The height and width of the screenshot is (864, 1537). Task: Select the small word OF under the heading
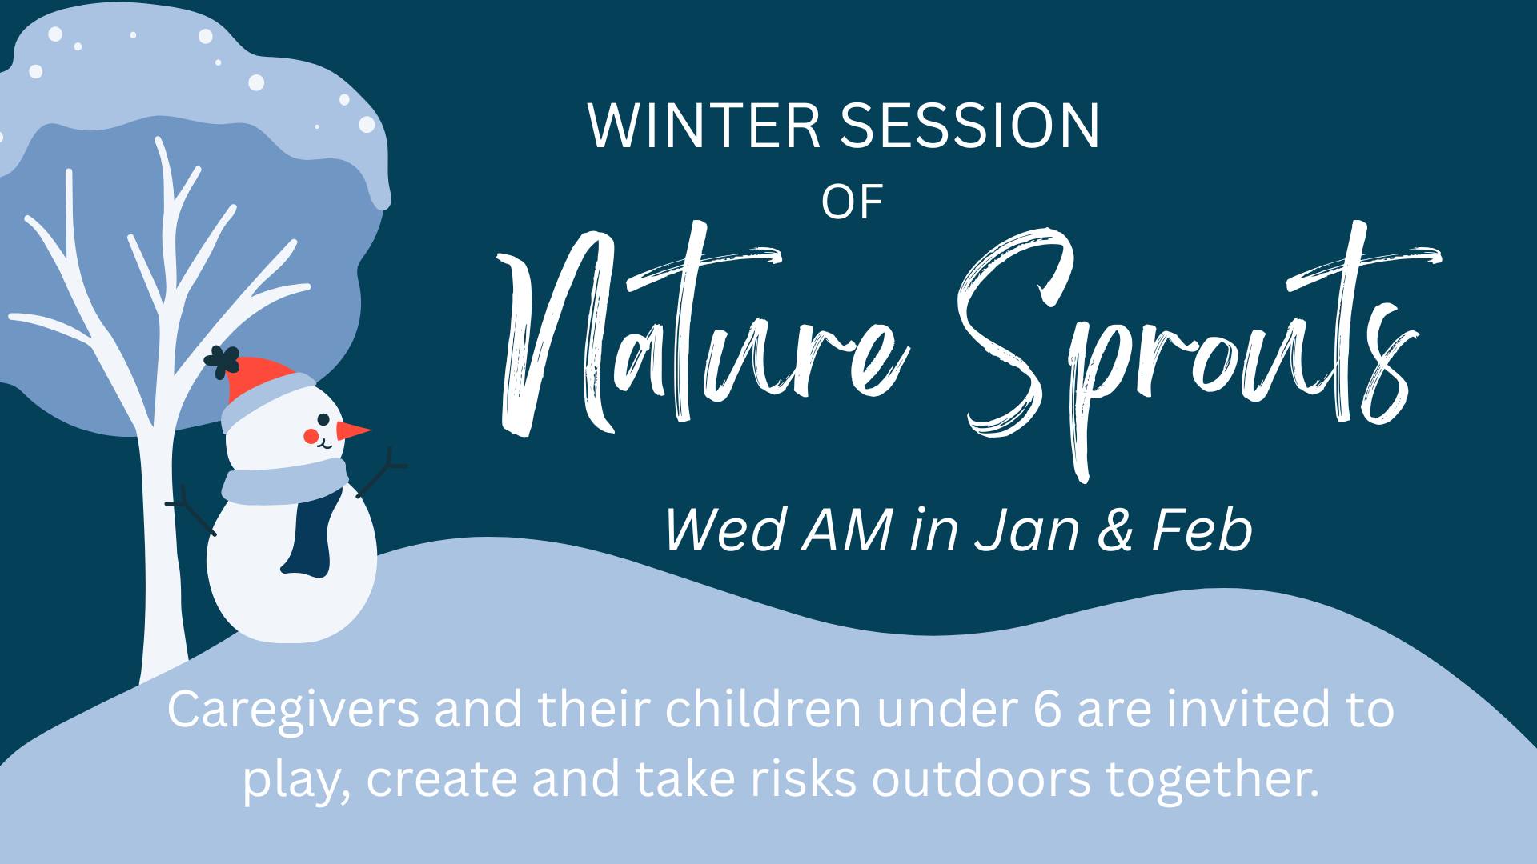852,202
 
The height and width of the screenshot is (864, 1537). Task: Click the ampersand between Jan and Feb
1115,531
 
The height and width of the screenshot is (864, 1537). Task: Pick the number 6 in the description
1045,710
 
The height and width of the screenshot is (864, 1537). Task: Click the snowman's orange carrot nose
353,431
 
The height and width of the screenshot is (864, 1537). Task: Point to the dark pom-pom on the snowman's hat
222,362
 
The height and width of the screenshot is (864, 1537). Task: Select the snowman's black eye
323,419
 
